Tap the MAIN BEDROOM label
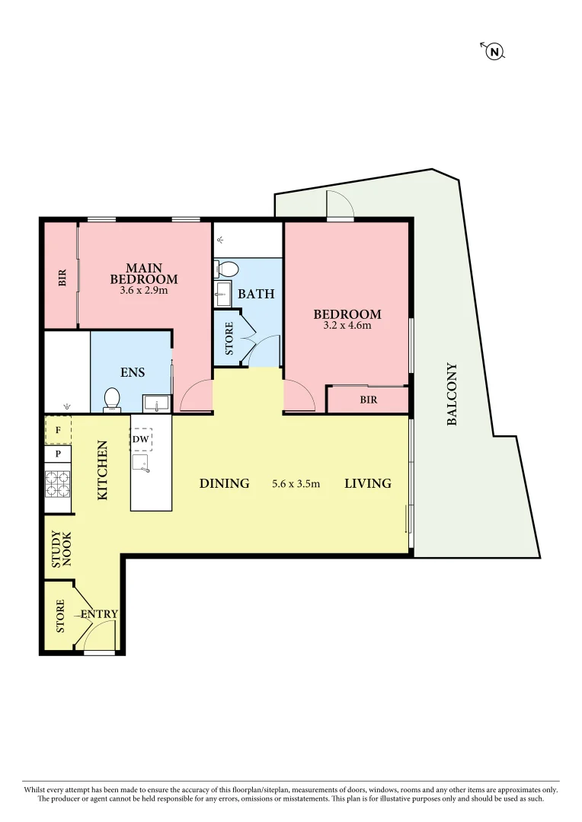click(144, 273)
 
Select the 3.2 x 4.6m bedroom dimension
click(347, 326)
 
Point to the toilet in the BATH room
click(227, 269)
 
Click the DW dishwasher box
click(140, 439)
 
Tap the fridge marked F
click(58, 429)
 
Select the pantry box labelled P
click(58, 454)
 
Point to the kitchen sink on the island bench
click(141, 463)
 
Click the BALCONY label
click(452, 393)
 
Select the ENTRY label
click(99, 614)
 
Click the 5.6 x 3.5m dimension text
click(296, 483)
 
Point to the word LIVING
click(368, 483)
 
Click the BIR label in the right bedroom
click(369, 400)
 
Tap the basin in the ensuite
click(157, 403)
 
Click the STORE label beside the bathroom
click(229, 339)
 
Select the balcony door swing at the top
click(340, 204)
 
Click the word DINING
click(225, 483)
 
